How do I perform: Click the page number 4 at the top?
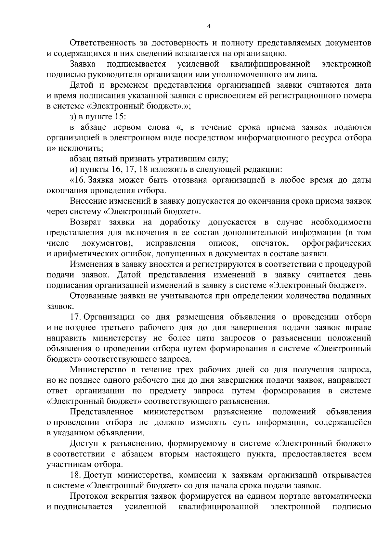pos(209,27)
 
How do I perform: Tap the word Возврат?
pos(85,222)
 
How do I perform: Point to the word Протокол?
pos(87,496)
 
